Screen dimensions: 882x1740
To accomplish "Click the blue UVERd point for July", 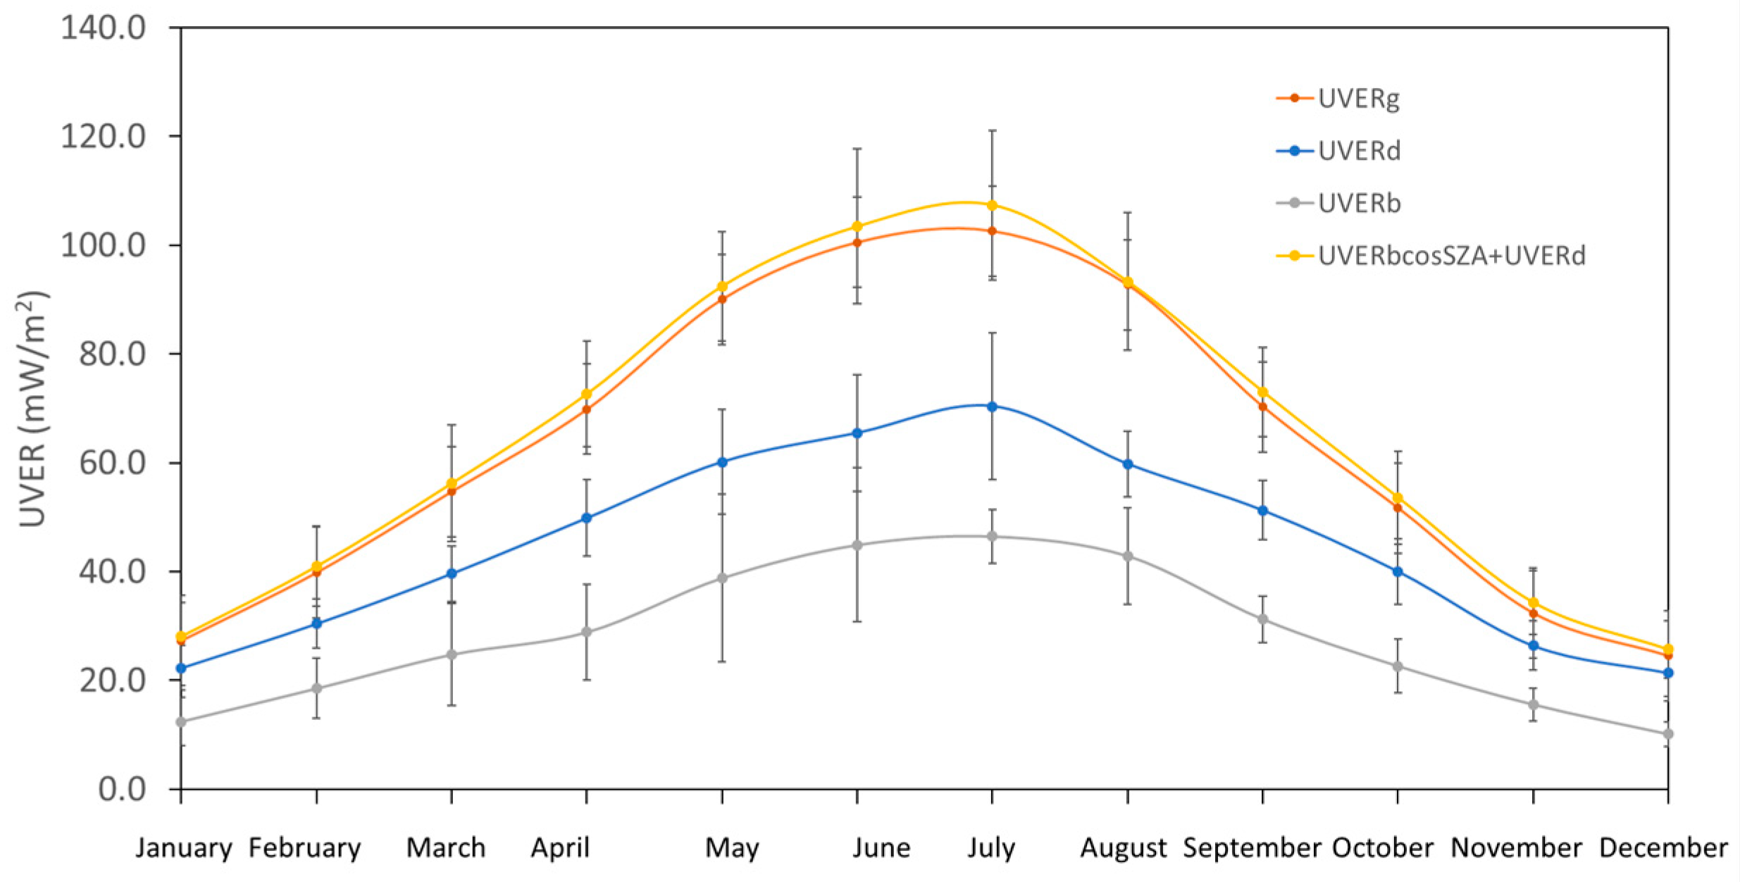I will click(992, 406).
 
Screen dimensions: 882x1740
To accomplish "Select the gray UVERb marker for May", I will click(722, 578).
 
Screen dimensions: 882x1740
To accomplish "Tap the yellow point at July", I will click(992, 205).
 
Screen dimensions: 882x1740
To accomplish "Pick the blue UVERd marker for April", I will click(586, 518).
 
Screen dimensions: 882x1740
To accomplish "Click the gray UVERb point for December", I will click(1668, 734).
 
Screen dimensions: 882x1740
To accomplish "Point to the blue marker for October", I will click(1398, 571).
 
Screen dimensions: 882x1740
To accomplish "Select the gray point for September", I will click(1262, 619).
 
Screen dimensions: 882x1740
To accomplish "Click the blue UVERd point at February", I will click(316, 623).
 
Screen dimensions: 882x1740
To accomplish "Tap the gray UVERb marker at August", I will click(1128, 556).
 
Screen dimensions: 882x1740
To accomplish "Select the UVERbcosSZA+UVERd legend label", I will click(1451, 256).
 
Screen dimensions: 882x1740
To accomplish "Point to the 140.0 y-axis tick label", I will click(104, 28).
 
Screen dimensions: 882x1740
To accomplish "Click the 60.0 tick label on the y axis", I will click(112, 463).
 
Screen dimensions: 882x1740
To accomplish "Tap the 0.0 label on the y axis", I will click(122, 789).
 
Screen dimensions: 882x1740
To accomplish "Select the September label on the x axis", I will click(1252, 847).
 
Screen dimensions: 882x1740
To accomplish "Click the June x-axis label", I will click(881, 847).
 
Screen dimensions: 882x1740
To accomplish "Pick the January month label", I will click(184, 847).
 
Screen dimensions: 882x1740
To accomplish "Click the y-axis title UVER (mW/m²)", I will click(32, 409).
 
